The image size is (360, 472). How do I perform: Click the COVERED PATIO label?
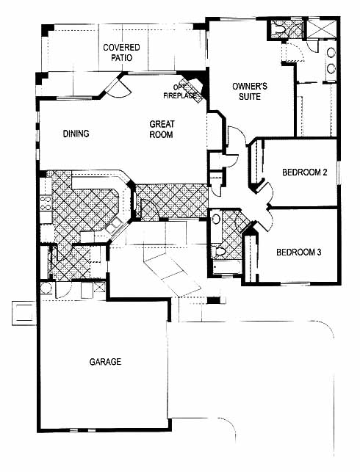(x=121, y=52)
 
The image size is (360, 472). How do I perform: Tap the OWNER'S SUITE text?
(x=250, y=91)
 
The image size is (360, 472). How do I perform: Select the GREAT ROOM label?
(x=162, y=129)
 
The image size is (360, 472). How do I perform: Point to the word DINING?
(x=76, y=134)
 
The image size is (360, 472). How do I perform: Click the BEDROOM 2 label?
(x=305, y=173)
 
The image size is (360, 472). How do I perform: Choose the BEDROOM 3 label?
(x=299, y=252)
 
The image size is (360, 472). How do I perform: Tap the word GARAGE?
(x=105, y=362)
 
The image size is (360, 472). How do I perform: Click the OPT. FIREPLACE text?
(x=180, y=92)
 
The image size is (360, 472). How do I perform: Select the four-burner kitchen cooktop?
(x=46, y=203)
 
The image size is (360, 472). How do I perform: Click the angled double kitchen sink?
(x=114, y=226)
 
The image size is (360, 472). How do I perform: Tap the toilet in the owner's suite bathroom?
(x=279, y=29)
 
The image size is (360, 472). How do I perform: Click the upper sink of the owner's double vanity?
(x=331, y=53)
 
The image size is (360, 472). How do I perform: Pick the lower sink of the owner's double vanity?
(x=331, y=68)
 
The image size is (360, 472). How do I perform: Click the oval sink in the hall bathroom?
(x=216, y=219)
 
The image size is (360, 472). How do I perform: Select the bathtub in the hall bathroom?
(x=226, y=266)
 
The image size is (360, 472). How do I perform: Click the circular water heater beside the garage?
(x=46, y=288)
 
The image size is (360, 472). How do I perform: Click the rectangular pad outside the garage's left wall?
(x=24, y=313)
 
